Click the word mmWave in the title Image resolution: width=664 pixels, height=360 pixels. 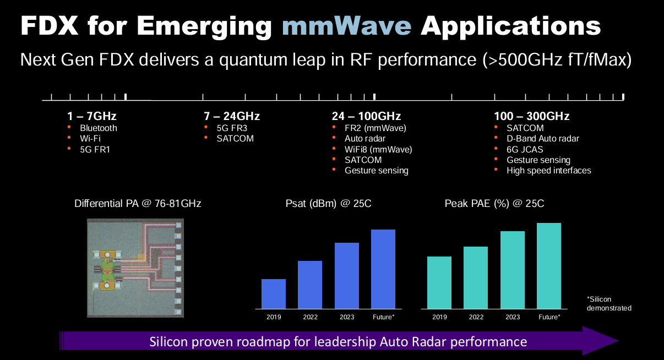pyautogui.click(x=346, y=26)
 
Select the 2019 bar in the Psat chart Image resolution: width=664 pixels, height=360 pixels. pyautogui.click(x=274, y=294)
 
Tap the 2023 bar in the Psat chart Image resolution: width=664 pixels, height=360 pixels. pyautogui.click(x=347, y=276)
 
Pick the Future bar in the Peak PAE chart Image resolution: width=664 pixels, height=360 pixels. pyautogui.click(x=549, y=266)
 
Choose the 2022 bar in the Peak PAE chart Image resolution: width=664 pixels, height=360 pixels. pyautogui.click(x=476, y=277)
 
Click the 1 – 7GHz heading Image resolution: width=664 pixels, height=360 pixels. pyautogui.click(x=91, y=116)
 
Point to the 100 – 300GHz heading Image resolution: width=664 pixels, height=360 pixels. pyautogui.click(x=531, y=116)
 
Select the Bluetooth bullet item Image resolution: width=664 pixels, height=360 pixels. pyautogui.click(x=99, y=128)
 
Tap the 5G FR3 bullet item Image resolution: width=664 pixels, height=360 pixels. pyautogui.click(x=232, y=128)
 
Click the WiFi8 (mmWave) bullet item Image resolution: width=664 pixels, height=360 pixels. pyautogui.click(x=378, y=149)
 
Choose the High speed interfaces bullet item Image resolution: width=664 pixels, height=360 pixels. pyautogui.click(x=549, y=171)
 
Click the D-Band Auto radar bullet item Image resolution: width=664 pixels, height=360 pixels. pyautogui.click(x=543, y=139)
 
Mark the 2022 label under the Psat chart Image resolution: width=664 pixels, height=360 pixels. pyautogui.click(x=310, y=317)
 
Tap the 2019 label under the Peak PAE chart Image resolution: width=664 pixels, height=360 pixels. pyautogui.click(x=439, y=317)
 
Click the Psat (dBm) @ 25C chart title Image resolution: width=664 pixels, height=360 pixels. pyautogui.click(x=329, y=204)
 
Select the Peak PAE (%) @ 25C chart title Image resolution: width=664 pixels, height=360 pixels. pyautogui.click(x=494, y=204)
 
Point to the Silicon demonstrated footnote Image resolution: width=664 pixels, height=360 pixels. pyautogui.click(x=609, y=304)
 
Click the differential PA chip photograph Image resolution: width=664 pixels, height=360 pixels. pyautogui.click(x=135, y=268)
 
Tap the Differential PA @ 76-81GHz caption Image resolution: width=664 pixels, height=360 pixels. pyautogui.click(x=138, y=204)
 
